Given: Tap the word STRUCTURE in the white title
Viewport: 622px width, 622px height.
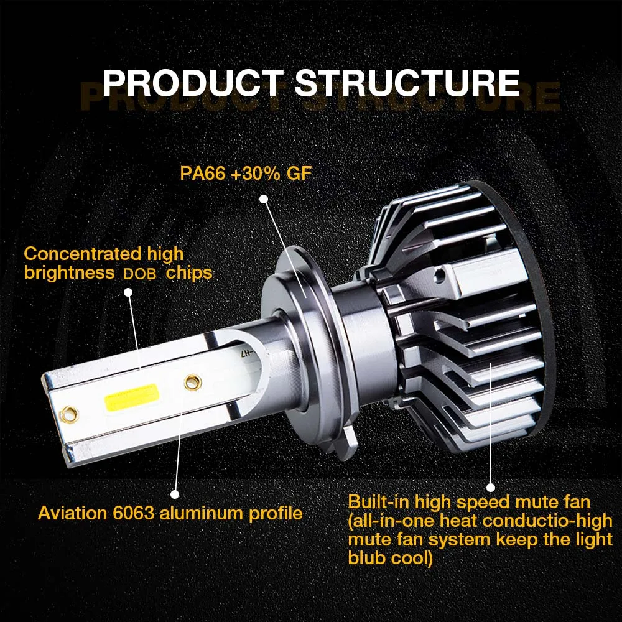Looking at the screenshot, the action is pyautogui.click(x=407, y=83).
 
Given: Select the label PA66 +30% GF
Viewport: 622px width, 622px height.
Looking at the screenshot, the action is pyautogui.click(x=246, y=174).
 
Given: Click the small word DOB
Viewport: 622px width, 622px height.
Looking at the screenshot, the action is pyautogui.click(x=139, y=274).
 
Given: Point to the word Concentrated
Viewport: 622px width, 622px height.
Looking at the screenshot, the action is pyautogui.click(x=83, y=254).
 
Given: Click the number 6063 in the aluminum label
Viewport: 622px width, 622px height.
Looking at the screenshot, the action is pyautogui.click(x=133, y=513).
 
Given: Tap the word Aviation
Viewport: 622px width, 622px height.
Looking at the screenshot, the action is pyautogui.click(x=73, y=513).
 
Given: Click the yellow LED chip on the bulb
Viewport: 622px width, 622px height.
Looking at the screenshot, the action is pyautogui.click(x=132, y=397).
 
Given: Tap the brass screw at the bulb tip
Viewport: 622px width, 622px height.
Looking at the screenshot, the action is pyautogui.click(x=69, y=414).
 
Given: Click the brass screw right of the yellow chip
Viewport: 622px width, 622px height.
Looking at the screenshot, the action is pyautogui.click(x=193, y=383).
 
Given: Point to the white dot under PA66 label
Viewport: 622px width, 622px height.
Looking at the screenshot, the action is pyautogui.click(x=264, y=199).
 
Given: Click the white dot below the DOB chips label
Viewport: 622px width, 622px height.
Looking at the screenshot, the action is pyautogui.click(x=128, y=292).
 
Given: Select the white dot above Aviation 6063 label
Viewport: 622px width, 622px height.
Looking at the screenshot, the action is pyautogui.click(x=175, y=494).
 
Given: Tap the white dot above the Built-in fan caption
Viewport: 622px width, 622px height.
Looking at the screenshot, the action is pyautogui.click(x=491, y=488).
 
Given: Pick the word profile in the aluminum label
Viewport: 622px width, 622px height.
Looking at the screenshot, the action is pyautogui.click(x=276, y=513).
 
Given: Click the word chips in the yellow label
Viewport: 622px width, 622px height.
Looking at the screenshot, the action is pyautogui.click(x=189, y=273).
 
